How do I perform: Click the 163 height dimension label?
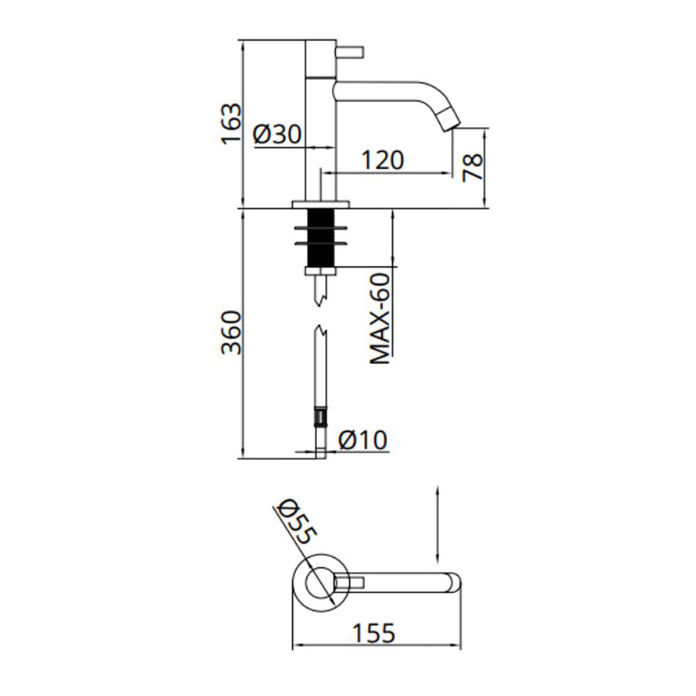pyautogui.click(x=232, y=123)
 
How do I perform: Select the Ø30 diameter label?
pyautogui.click(x=278, y=134)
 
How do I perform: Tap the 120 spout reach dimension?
pyautogui.click(x=383, y=160)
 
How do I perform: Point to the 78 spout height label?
pyautogui.click(x=473, y=168)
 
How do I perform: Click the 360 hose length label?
pyautogui.click(x=231, y=333)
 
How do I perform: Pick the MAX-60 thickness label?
pyautogui.click(x=380, y=319)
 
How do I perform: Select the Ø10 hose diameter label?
pyautogui.click(x=363, y=440)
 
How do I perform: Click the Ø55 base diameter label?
pyautogui.click(x=296, y=522)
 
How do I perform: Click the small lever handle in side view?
pyautogui.click(x=350, y=52)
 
